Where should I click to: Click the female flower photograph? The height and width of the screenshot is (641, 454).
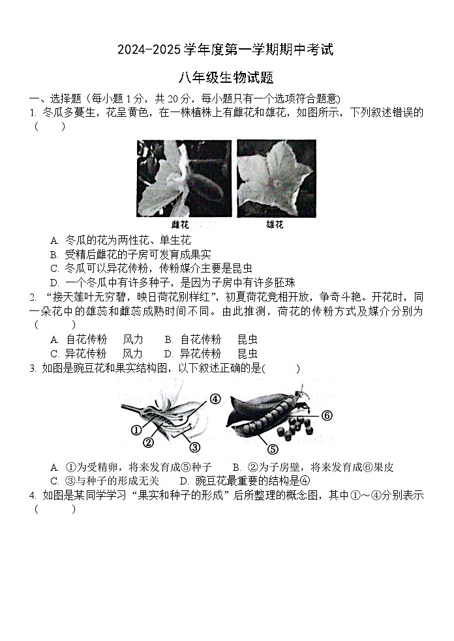coord(184,178)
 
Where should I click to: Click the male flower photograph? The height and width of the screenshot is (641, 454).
coord(276,178)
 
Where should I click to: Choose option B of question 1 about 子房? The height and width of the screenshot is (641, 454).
coord(130,254)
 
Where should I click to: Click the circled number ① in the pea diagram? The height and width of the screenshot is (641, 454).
coord(136,430)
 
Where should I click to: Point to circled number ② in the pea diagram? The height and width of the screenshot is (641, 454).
coord(148,443)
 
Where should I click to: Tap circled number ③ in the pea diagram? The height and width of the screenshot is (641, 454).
coord(194,447)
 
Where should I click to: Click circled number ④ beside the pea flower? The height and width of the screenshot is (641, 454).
coord(215,399)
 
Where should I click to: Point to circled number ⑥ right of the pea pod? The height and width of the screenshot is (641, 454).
coord(327,415)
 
